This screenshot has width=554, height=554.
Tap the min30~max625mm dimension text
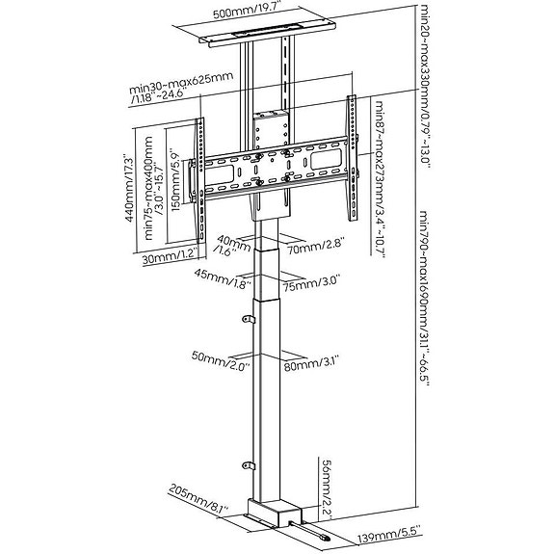pyautogui.click(x=181, y=88)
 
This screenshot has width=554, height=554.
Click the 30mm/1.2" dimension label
pyautogui.click(x=169, y=258)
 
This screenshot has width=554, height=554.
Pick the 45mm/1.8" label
pyautogui.click(x=223, y=277)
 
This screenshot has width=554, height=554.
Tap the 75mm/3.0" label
pyautogui.click(x=312, y=282)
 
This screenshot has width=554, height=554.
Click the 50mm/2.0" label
pyautogui.click(x=221, y=359)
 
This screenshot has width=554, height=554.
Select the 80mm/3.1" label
pyautogui.click(x=311, y=364)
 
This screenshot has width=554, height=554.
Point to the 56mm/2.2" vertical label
pyautogui.click(x=326, y=488)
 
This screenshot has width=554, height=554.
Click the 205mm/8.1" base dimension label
pyautogui.click(x=198, y=500)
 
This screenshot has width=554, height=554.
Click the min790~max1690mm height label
pyautogui.click(x=424, y=299)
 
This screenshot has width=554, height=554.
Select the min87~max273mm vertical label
pyautogui.click(x=380, y=179)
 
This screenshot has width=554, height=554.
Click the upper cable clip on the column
pyautogui.click(x=249, y=319)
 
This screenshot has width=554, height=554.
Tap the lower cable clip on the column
pyautogui.click(x=249, y=465)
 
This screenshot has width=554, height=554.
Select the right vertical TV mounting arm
pyautogui.click(x=353, y=158)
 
